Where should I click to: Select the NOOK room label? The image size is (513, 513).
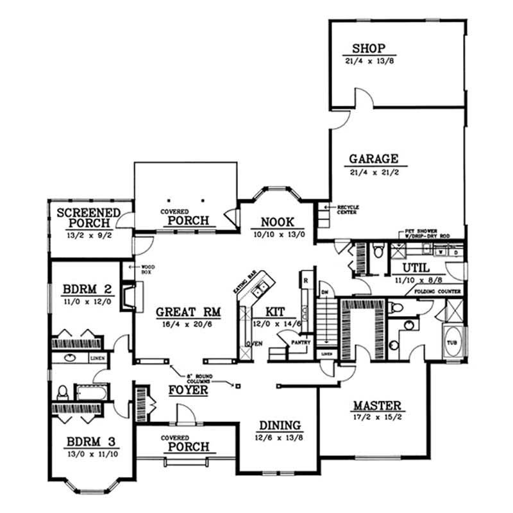point(277,222)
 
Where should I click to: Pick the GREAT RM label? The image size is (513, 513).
point(189,312)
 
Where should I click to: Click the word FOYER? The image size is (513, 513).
point(188,390)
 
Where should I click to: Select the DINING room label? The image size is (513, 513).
point(280,425)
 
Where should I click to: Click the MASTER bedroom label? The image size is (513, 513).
point(376,406)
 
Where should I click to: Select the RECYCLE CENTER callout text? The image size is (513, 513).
point(346,210)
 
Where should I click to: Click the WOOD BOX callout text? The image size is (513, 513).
point(142,269)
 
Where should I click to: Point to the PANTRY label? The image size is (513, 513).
point(301,342)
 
